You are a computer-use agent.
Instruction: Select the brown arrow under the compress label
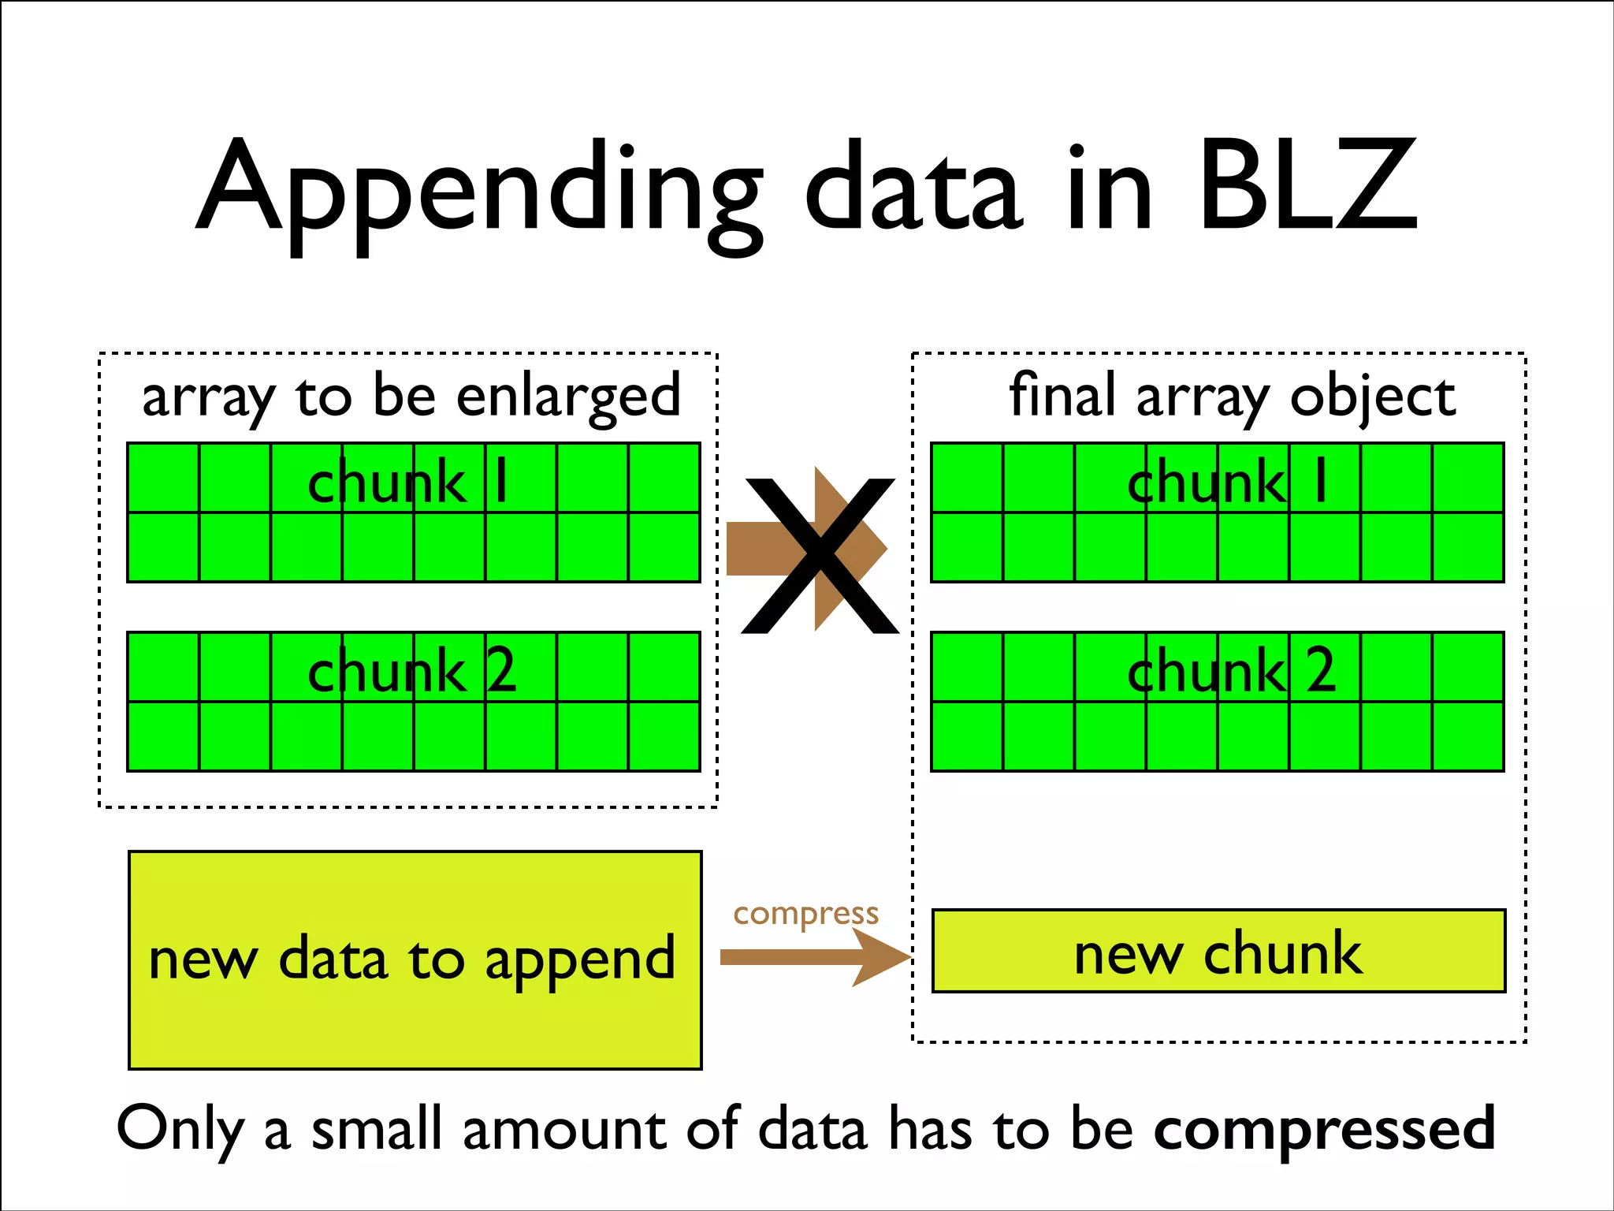click(815, 957)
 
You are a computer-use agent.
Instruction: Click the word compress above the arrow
click(805, 914)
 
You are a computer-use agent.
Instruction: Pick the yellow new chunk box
click(1218, 952)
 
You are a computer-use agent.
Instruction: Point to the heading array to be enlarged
click(411, 397)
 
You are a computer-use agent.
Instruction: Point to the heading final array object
click(1232, 397)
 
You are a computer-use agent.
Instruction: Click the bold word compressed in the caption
click(1324, 1129)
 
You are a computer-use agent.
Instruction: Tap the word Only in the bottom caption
click(180, 1129)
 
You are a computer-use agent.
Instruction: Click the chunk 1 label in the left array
click(408, 483)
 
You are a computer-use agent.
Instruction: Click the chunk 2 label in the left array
click(411, 671)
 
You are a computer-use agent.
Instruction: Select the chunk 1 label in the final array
click(1228, 483)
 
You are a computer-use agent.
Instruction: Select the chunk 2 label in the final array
click(1231, 671)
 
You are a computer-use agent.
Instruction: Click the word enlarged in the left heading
click(568, 397)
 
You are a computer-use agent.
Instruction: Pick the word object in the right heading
click(1373, 397)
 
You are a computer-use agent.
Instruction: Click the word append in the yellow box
click(580, 960)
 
